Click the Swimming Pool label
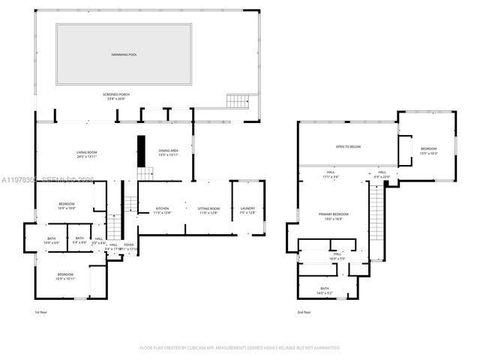(124, 55)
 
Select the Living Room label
(87, 154)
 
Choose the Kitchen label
(163, 210)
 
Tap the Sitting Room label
(208, 210)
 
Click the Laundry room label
(247, 210)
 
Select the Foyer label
(128, 245)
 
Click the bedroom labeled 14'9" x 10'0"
(67, 206)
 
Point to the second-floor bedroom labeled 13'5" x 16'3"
(428, 150)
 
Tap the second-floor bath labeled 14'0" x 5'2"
(324, 290)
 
